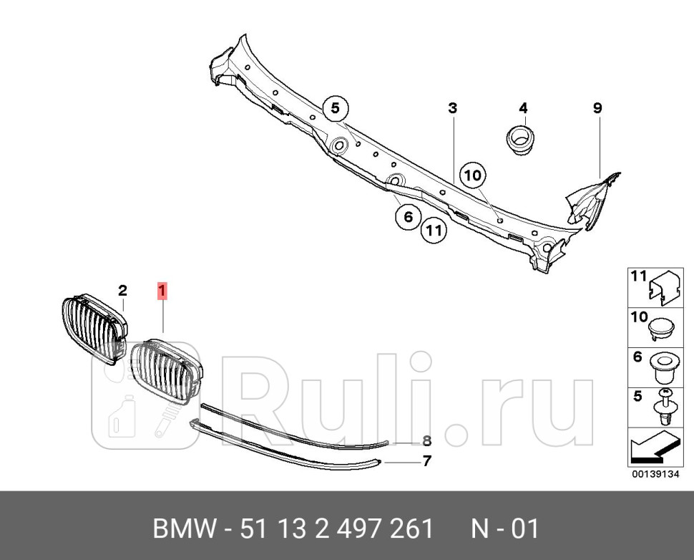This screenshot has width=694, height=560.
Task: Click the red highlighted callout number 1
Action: click(x=162, y=291)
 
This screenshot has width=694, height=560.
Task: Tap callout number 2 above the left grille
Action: click(x=122, y=290)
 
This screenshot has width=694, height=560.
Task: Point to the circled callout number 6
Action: click(x=408, y=217)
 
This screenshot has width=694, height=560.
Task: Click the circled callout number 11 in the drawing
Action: click(x=433, y=231)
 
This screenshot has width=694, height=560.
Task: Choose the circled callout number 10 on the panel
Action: click(x=473, y=174)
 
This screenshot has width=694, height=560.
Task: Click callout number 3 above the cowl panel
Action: click(x=452, y=108)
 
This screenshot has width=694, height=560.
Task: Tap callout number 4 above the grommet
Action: click(x=523, y=108)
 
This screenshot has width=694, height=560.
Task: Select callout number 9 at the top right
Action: click(x=597, y=108)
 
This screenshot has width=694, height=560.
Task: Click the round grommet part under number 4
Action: click(x=521, y=137)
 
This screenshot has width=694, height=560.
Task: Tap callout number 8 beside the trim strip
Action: click(x=426, y=440)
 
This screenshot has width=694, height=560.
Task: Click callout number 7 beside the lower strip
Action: click(x=426, y=461)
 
